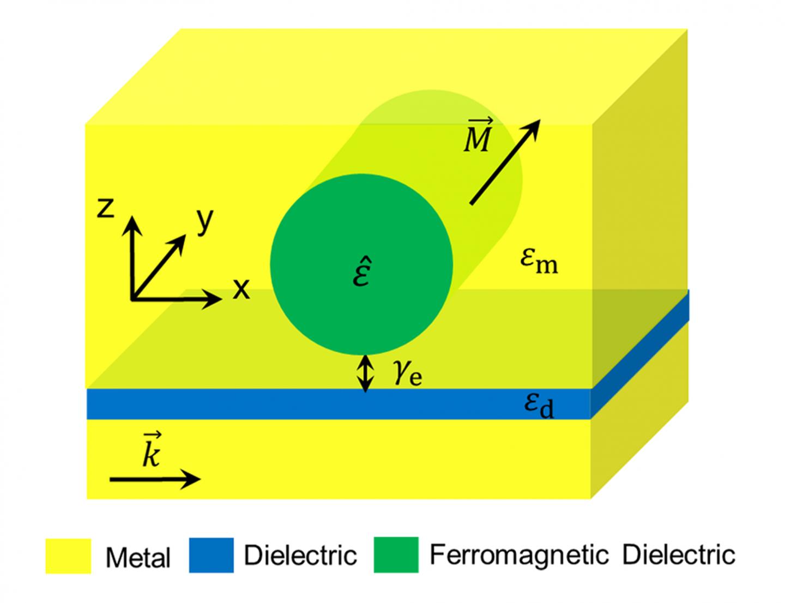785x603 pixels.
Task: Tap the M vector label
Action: pyautogui.click(x=478, y=136)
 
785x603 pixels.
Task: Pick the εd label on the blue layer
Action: pyautogui.click(x=539, y=406)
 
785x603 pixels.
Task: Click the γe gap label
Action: pyautogui.click(x=408, y=373)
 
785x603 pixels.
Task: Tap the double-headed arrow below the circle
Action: pyautogui.click(x=366, y=373)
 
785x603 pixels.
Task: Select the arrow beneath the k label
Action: pyautogui.click(x=155, y=479)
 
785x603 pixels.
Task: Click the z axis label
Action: pyautogui.click(x=106, y=208)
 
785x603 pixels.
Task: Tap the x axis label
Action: pyautogui.click(x=241, y=289)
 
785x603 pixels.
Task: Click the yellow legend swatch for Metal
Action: pyautogui.click(x=68, y=556)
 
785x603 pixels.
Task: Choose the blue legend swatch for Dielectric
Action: pyautogui.click(x=212, y=556)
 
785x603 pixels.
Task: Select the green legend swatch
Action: pyautogui.click(x=396, y=556)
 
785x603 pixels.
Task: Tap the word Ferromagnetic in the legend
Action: pyautogui.click(x=518, y=555)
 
